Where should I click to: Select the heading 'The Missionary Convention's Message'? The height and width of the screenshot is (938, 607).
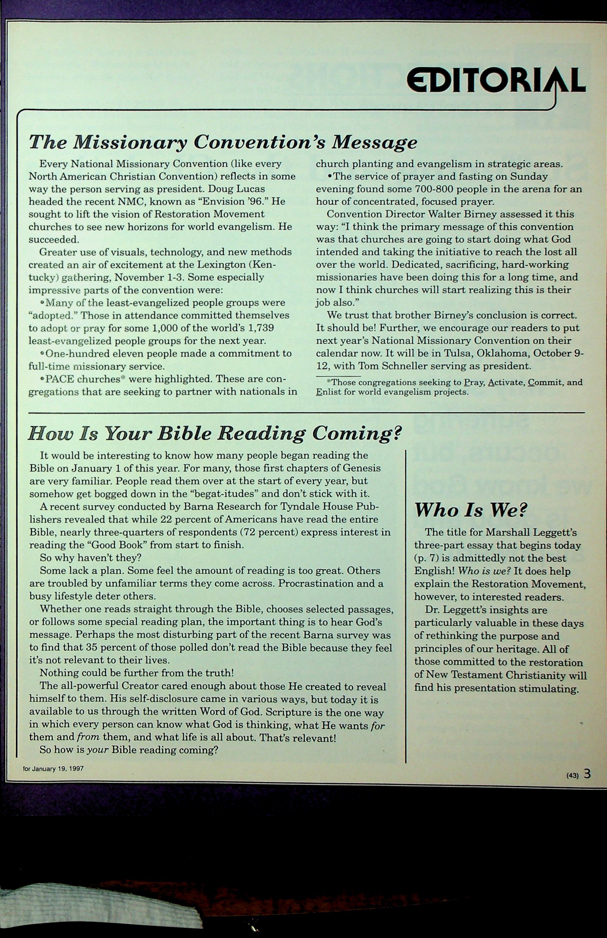point(223,142)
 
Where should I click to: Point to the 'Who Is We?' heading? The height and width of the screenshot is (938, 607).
point(471,510)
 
